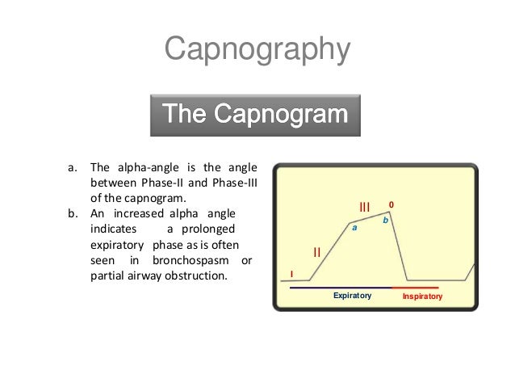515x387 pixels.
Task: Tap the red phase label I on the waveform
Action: [291, 275]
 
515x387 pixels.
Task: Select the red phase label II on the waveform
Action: [317, 253]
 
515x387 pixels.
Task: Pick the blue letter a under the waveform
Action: [354, 229]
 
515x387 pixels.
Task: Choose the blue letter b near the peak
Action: [385, 220]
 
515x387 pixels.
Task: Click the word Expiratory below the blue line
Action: [352, 297]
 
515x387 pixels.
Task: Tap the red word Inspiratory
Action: [422, 297]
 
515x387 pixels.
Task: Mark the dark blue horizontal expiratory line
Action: [340, 288]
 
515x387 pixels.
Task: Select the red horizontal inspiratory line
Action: [415, 288]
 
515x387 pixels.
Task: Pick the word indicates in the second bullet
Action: [113, 229]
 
